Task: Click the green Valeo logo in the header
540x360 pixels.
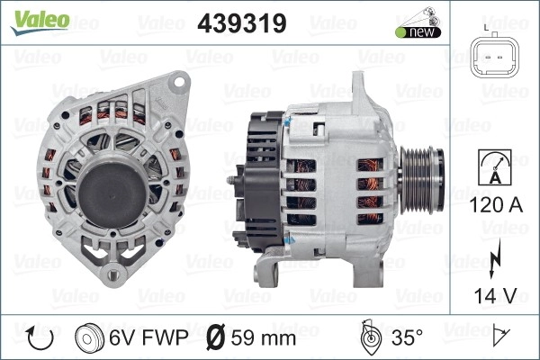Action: tap(40, 22)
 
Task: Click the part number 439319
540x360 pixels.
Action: tap(242, 23)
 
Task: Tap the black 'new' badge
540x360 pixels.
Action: tap(418, 32)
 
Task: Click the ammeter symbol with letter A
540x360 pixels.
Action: tap(495, 167)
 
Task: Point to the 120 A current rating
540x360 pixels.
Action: tap(496, 205)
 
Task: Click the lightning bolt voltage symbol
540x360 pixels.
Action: tap(495, 258)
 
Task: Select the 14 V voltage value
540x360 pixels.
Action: tap(496, 295)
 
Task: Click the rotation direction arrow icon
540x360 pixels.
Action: tap(40, 338)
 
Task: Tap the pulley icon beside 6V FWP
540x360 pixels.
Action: tap(89, 338)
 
